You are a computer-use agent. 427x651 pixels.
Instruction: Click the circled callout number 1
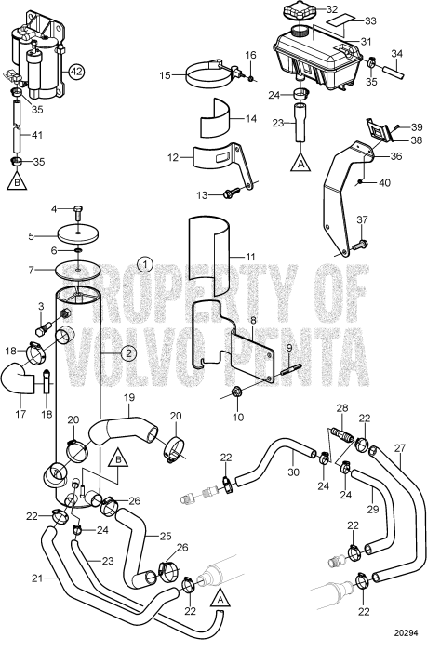144,263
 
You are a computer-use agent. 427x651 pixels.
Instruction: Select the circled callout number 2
129,352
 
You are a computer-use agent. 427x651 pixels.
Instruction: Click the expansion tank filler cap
303,12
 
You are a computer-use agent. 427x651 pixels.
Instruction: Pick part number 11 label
250,255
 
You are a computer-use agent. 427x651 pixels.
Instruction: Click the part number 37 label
362,219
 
